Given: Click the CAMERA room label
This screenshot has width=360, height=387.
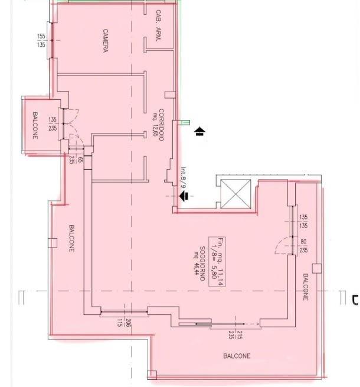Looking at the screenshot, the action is pyautogui.click(x=105, y=41).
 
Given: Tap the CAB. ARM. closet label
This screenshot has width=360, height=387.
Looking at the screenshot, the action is pyautogui.click(x=159, y=25).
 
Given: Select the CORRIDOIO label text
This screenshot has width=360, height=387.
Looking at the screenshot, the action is pyautogui.click(x=161, y=125).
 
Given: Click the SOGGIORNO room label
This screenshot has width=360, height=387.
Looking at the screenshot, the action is pyautogui.click(x=202, y=264).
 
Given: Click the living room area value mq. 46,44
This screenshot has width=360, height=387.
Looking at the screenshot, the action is pyautogui.click(x=197, y=263).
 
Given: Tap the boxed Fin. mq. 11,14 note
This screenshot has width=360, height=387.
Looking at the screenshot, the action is pyautogui.click(x=217, y=262).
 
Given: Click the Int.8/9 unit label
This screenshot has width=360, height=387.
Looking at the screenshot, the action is pyautogui.click(x=184, y=177).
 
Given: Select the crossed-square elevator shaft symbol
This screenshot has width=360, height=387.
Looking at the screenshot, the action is pyautogui.click(x=235, y=194).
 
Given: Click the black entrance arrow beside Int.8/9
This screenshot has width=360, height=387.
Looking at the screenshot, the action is pyautogui.click(x=184, y=196).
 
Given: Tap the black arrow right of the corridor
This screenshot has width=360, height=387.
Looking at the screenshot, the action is pyautogui.click(x=200, y=131).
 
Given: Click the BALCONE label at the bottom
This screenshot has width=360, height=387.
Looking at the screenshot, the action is pyautogui.click(x=237, y=356).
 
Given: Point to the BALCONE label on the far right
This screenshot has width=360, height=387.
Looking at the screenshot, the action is pyautogui.click(x=306, y=287).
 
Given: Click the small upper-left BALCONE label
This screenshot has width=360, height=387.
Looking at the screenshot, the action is pyautogui.click(x=35, y=125).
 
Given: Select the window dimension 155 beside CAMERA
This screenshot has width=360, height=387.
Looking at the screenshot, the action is pyautogui.click(x=41, y=36).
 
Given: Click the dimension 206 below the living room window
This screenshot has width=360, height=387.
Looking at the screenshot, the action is pyautogui.click(x=127, y=323).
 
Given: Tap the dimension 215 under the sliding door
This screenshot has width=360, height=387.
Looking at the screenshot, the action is pyautogui.click(x=240, y=335).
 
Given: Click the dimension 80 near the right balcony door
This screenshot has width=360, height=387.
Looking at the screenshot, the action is pyautogui.click(x=303, y=242).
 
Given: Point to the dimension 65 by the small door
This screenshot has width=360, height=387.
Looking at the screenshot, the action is pyautogui.click(x=80, y=160).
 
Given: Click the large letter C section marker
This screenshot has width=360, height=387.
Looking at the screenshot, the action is pyautogui.click(x=355, y=300).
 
